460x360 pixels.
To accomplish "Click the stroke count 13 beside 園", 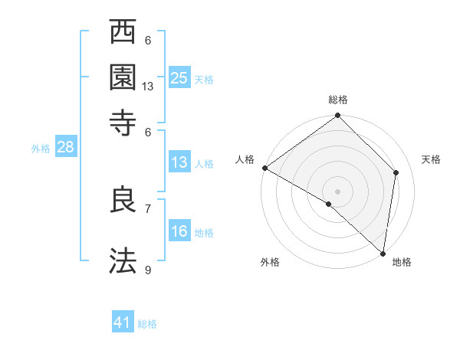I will [148, 87].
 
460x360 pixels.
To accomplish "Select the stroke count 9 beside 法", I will [148, 270].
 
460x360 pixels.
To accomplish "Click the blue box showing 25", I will [179, 77].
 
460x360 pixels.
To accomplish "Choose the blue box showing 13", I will [179, 162].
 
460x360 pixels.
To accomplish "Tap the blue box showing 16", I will [179, 231].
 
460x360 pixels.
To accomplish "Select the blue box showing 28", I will [65, 148].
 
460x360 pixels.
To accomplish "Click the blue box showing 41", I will [123, 322].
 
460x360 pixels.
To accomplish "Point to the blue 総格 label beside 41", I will [147, 324].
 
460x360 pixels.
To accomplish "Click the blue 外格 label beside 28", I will [41, 149].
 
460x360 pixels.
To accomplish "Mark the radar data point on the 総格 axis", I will [337, 116].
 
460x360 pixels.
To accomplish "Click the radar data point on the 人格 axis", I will [264, 168].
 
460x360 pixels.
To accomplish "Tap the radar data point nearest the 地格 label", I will [383, 254].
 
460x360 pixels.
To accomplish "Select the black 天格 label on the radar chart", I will [431, 159].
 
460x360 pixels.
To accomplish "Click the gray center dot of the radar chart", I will [337, 190].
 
